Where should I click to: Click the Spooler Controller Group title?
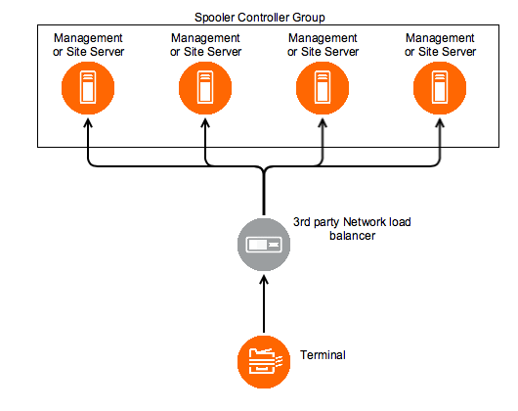pos(260,18)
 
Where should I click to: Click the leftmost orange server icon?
pos(88,88)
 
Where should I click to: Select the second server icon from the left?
pos(205,88)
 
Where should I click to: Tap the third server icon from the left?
pos(323,88)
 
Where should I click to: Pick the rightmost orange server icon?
pos(440,88)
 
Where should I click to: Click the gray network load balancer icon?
pos(264,245)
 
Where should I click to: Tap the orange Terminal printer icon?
pos(264,362)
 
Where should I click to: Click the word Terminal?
pos(323,355)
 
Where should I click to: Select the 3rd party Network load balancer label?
pos(352,229)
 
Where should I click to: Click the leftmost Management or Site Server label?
pos(88,45)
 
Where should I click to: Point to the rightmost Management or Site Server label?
pos(440,45)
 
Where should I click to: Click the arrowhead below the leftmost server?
pos(88,123)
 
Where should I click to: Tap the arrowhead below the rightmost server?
pos(440,123)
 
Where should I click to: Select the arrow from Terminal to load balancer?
pos(264,304)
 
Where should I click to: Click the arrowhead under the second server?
pos(205,123)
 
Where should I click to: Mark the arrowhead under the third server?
pos(323,123)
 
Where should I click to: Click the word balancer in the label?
pos(353,236)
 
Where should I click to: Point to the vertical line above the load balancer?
pos(264,192)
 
